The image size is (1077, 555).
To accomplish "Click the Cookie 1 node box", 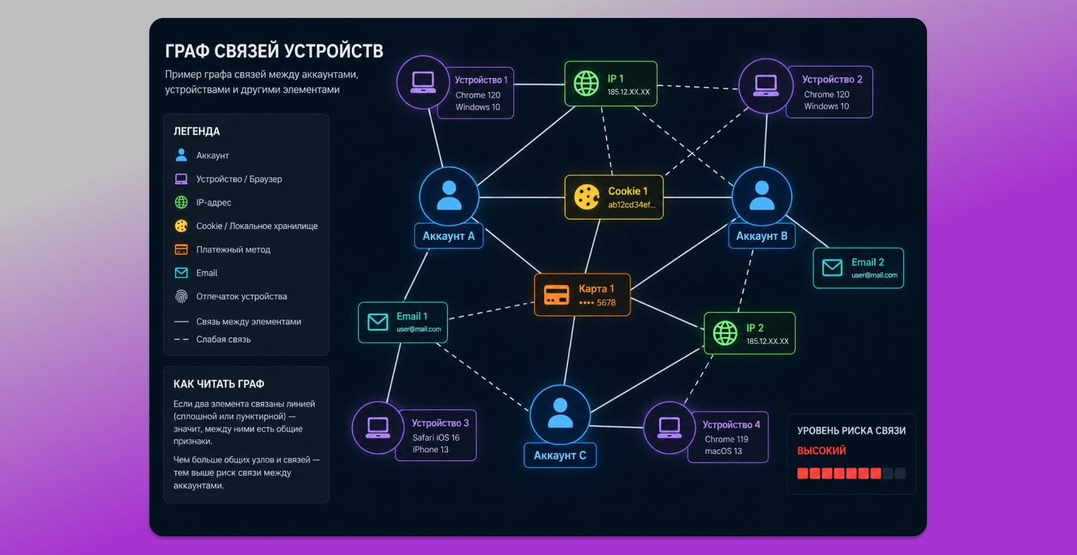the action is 613,197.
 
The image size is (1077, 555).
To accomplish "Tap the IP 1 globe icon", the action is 586,84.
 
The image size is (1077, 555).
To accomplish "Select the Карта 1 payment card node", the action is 582,295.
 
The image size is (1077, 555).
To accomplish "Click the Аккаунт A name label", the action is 449,236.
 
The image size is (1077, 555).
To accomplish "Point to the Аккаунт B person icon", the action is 762,196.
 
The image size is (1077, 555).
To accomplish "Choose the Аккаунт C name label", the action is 559,455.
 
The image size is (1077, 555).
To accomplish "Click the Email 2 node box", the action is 858,268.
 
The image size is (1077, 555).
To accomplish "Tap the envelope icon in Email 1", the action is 378,322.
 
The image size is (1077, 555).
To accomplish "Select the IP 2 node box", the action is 749,333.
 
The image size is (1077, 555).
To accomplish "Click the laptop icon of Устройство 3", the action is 378,427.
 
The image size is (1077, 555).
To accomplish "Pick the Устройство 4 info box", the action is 728,437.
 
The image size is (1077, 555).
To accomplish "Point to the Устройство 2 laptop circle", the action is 765,86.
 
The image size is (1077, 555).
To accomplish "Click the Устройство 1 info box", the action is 475,93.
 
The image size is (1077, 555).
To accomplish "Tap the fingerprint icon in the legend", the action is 181,297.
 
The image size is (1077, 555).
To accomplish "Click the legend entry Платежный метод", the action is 222,250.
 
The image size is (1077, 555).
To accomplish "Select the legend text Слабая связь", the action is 223,340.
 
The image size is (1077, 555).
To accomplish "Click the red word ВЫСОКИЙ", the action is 821,451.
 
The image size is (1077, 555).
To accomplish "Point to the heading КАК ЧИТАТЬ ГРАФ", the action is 219,384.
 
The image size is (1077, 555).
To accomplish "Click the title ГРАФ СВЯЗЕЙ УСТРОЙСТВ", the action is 274,51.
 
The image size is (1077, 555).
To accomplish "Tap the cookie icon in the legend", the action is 181,226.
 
